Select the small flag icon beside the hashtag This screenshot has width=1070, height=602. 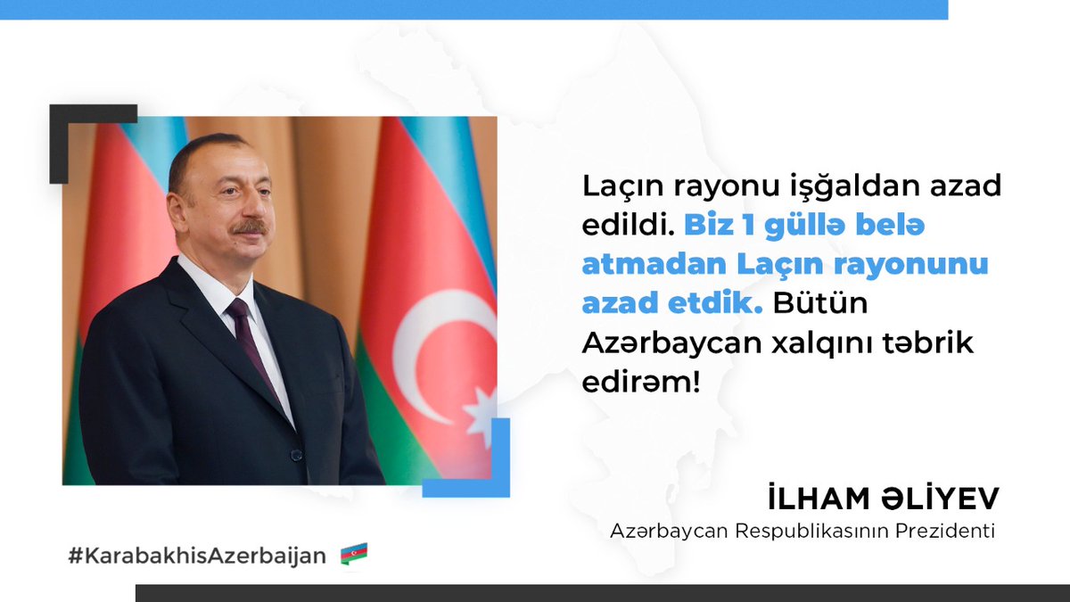[354, 555]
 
